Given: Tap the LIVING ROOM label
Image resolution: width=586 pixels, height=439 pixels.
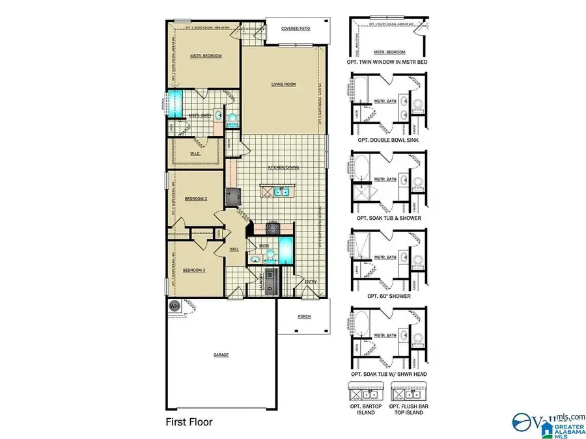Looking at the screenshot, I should [x=284, y=84].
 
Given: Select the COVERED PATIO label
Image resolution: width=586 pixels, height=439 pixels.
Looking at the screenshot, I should [x=295, y=29].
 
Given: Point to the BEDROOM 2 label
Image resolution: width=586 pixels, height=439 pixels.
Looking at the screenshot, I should [x=195, y=198].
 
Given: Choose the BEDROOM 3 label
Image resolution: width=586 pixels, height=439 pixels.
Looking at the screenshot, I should [x=194, y=269].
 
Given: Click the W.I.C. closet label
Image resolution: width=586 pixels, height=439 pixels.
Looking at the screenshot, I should [x=195, y=153].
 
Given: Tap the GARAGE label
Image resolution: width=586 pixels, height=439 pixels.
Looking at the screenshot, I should [x=221, y=355].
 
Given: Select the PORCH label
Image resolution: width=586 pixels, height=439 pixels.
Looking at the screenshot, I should [x=304, y=317].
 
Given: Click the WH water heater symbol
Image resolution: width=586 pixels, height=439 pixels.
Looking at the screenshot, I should [x=174, y=304].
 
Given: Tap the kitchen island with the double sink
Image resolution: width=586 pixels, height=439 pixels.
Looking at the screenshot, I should [x=276, y=191].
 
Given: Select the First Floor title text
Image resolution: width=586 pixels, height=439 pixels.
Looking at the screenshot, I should [x=189, y=421].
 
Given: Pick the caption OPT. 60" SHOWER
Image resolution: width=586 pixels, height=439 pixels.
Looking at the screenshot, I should [x=389, y=295].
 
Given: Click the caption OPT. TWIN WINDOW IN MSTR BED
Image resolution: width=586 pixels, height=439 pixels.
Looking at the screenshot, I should [x=389, y=62].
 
